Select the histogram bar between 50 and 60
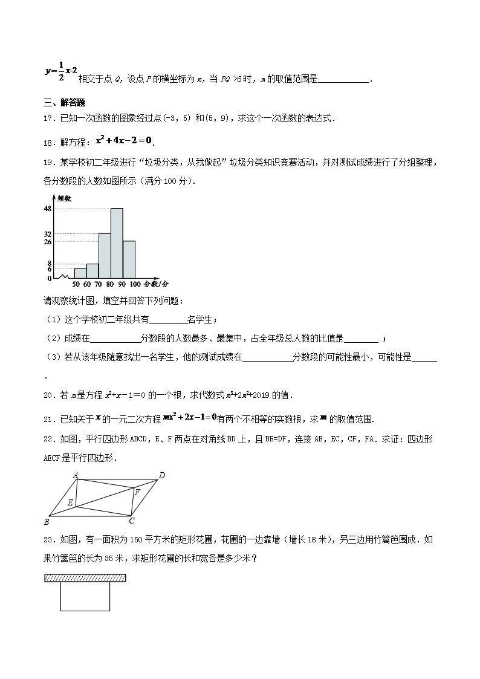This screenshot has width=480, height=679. [x=80, y=273]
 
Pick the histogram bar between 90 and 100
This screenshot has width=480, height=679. [x=129, y=259]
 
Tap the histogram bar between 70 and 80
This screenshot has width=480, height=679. [x=105, y=255]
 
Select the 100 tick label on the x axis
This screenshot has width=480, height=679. [x=134, y=284]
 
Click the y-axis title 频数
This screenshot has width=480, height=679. [x=64, y=198]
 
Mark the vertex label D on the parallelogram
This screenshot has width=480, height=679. [x=162, y=475]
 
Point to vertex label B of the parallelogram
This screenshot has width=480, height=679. [x=47, y=521]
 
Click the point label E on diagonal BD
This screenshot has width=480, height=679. [x=70, y=502]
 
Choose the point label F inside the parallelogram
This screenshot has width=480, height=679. [x=137, y=492]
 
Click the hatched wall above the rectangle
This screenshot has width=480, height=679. [x=85, y=578]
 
